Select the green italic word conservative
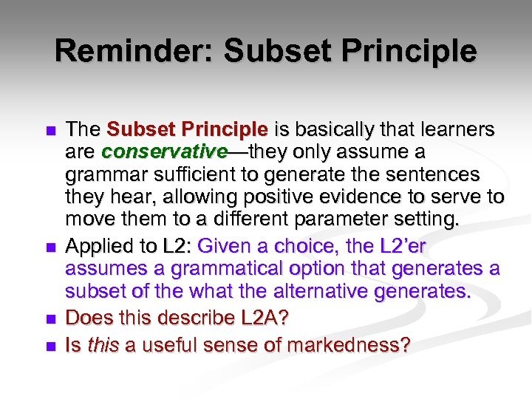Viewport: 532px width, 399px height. (x=164, y=151)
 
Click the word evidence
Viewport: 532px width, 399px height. (x=347, y=197)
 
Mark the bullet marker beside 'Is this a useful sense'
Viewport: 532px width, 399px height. (x=50, y=345)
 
